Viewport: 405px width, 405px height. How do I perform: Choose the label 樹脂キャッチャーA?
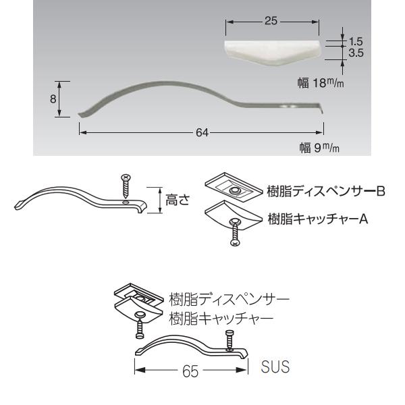pyautogui.click(x=317, y=219)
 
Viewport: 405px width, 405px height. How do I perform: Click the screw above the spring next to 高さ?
pyautogui.click(x=126, y=186)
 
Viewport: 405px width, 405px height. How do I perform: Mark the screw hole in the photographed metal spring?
pyautogui.click(x=290, y=106)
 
